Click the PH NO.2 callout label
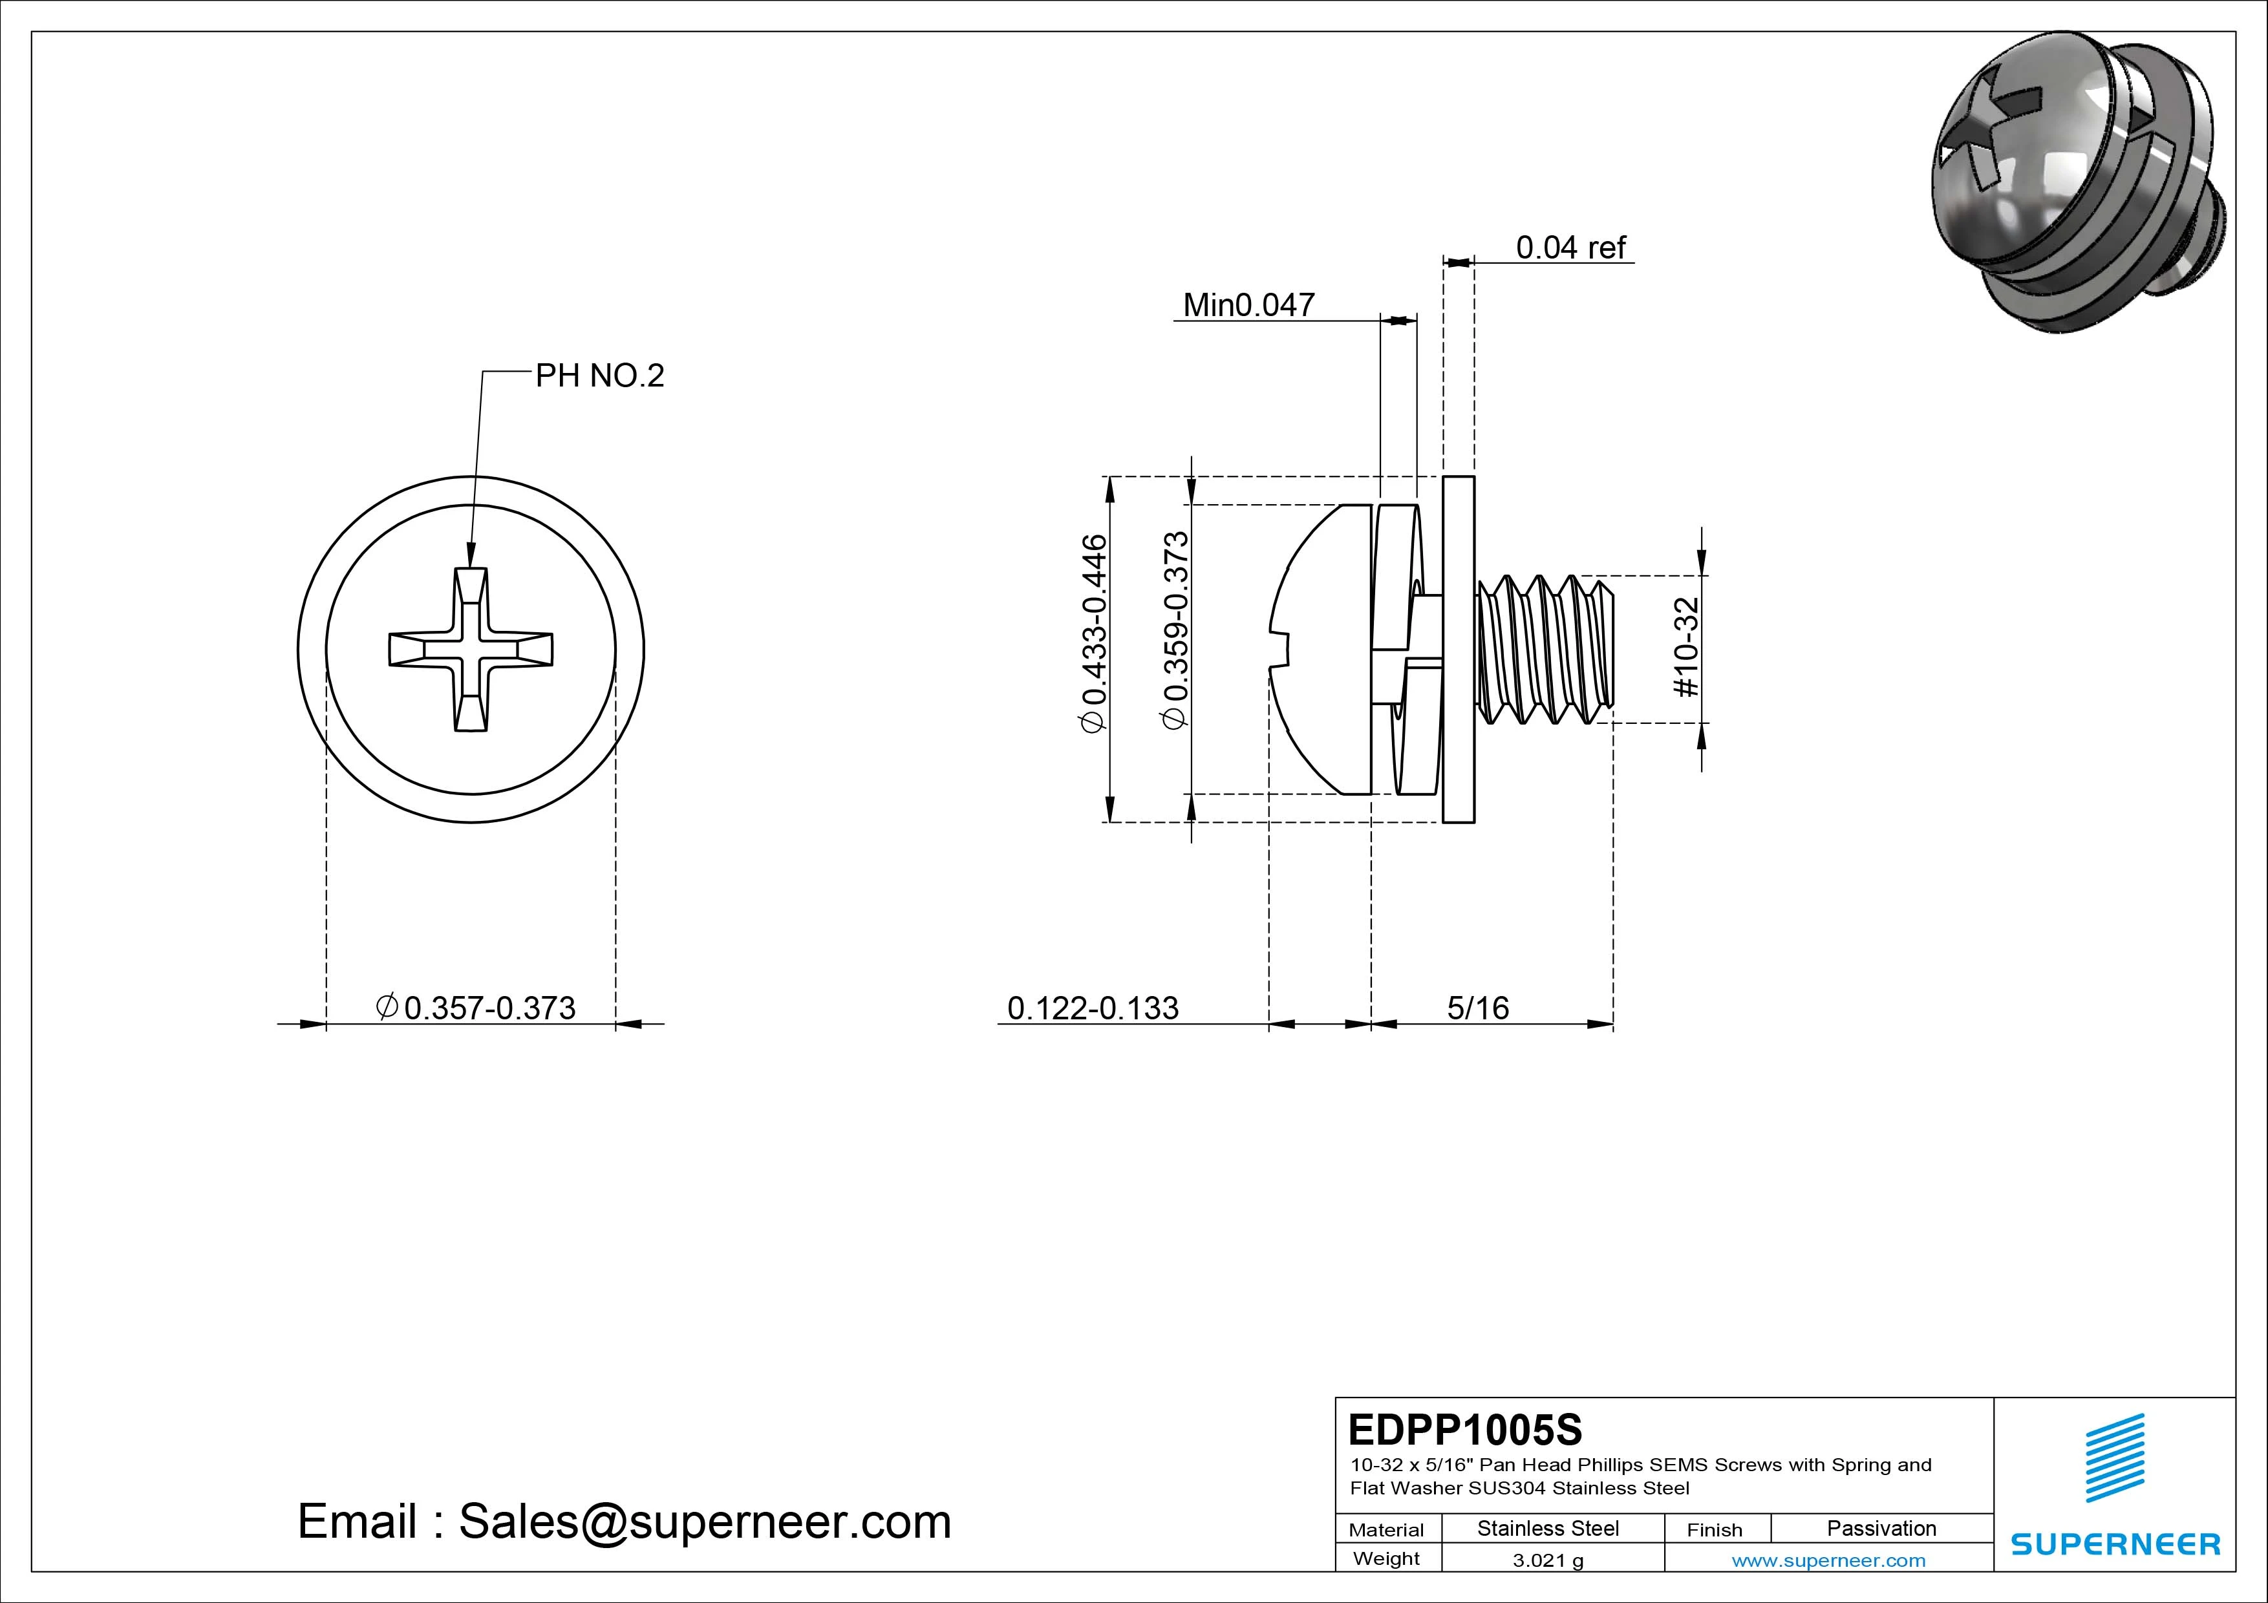click(x=599, y=376)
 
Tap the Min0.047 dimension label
click(x=1248, y=304)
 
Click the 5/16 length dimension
click(x=1478, y=1008)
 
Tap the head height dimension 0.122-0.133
click(x=1093, y=1008)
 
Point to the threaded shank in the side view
click(x=1546, y=649)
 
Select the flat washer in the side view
click(x=1458, y=649)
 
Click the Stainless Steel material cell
click(x=1548, y=1528)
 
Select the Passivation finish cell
click(x=1881, y=1528)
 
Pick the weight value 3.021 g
click(x=1548, y=1560)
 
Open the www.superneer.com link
click(x=1828, y=1560)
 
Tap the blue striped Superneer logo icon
click(x=2114, y=1457)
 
